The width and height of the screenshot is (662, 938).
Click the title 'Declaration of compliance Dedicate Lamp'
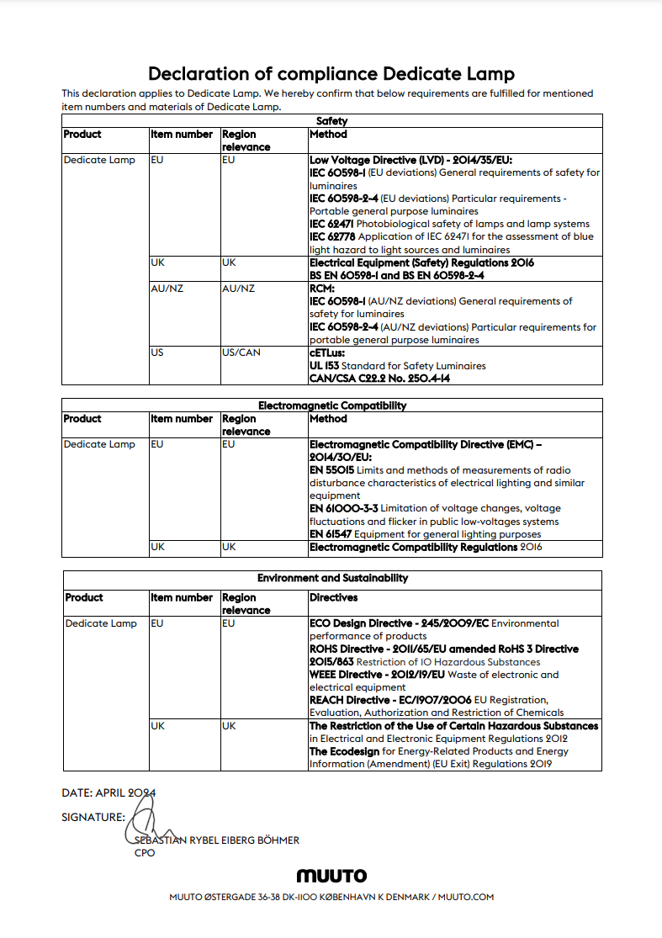(x=331, y=73)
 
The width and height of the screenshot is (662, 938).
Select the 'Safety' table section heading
(x=331, y=121)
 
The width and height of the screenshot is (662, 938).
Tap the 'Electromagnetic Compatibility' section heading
(x=331, y=405)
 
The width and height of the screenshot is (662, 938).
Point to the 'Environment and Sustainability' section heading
(x=332, y=579)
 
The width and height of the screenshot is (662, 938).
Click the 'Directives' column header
(x=333, y=598)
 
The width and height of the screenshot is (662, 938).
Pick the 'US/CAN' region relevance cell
(x=241, y=352)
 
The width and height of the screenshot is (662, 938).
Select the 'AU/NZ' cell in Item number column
(x=167, y=289)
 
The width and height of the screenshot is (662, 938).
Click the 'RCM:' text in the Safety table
(x=323, y=289)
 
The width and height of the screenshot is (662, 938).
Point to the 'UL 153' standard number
(x=324, y=366)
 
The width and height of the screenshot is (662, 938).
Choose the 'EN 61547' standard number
(x=331, y=534)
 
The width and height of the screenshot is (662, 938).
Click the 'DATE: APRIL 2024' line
(x=109, y=792)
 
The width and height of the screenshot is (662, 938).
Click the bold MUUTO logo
(x=331, y=877)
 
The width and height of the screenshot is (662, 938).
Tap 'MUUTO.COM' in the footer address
(x=465, y=898)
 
